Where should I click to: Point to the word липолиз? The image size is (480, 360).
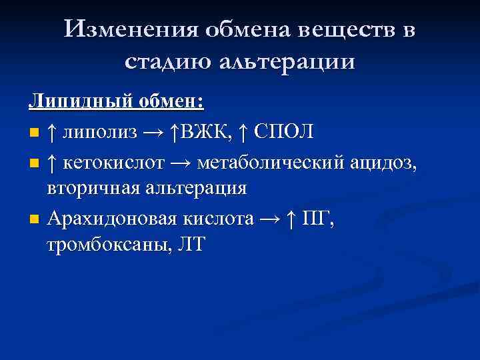click(x=100, y=131)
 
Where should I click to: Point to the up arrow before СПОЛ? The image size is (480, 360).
click(x=244, y=131)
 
